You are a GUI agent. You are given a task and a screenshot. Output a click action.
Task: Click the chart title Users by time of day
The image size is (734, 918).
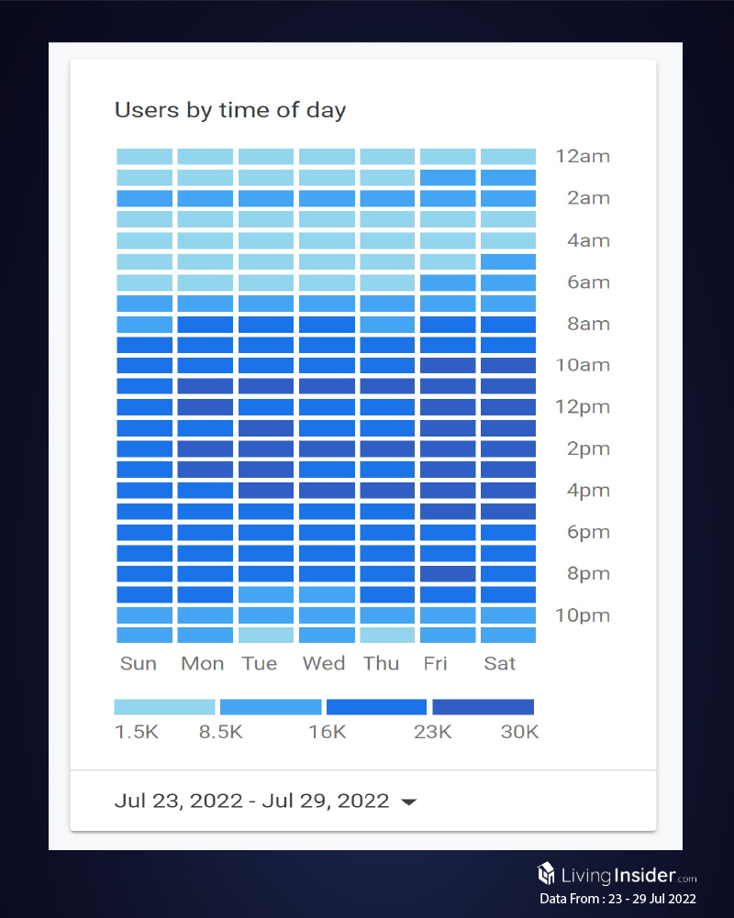tap(229, 111)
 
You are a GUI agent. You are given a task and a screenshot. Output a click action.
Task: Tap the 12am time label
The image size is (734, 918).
tap(582, 156)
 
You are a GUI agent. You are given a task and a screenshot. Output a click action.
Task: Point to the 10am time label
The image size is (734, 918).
tap(582, 365)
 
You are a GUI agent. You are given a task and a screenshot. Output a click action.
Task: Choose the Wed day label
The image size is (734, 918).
tap(324, 663)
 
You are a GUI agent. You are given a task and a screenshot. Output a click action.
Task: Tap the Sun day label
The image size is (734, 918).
tap(139, 663)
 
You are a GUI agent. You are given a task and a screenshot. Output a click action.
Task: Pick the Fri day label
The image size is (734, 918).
tap(436, 663)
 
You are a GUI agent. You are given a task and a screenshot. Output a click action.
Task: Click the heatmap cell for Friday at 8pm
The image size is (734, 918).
tap(448, 574)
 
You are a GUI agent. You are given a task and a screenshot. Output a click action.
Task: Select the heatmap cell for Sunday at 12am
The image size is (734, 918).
tap(144, 156)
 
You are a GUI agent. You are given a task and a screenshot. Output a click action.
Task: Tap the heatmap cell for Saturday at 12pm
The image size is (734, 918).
tap(508, 407)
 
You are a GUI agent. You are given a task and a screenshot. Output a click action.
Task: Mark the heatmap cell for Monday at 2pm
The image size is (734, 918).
tap(205, 448)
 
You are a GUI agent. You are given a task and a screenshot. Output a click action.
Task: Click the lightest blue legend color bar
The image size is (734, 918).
tap(164, 707)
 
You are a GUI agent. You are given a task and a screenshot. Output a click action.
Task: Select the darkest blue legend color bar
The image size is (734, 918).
tap(483, 707)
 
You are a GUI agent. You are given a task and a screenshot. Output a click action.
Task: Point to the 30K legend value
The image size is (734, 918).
tap(519, 732)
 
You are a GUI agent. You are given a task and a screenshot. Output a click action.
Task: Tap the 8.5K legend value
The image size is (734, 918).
tap(221, 732)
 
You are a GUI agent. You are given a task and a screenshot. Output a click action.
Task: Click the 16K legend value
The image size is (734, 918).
tap(327, 732)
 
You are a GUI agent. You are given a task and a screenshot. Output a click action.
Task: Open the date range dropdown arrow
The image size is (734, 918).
tap(409, 802)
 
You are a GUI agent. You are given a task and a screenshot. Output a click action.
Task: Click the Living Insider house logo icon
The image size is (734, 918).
tap(548, 873)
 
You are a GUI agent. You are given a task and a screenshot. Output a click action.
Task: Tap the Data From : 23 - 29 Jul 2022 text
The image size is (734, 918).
tap(617, 899)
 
